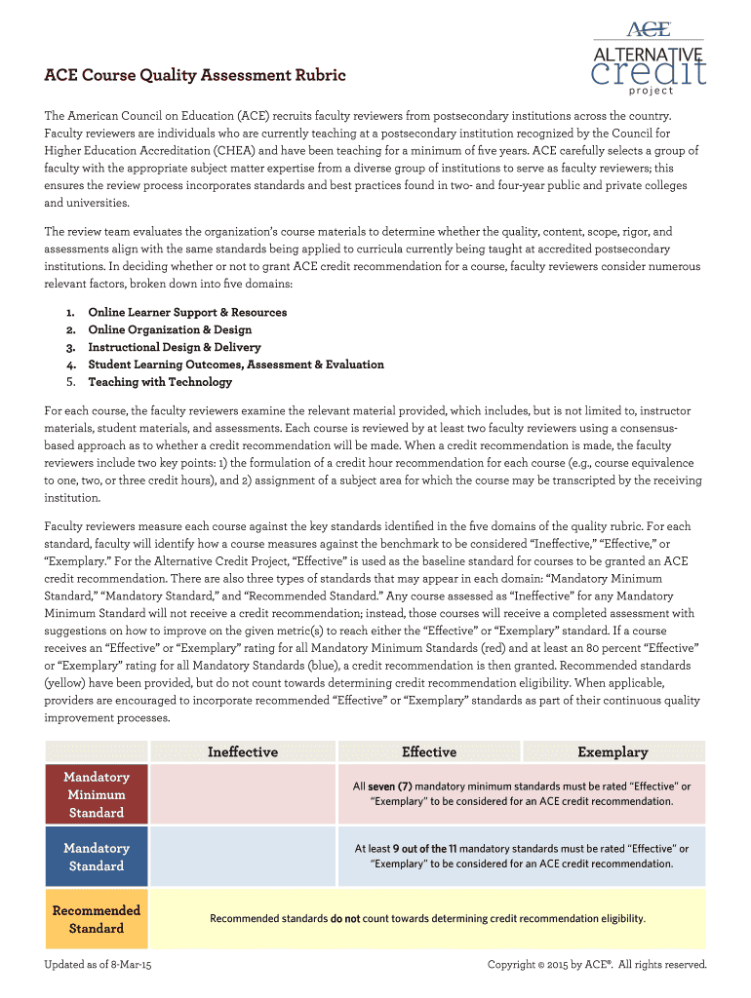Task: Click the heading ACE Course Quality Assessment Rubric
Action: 195,75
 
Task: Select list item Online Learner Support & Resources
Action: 187,313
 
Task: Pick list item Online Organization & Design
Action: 170,330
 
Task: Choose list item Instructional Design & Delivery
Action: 176,347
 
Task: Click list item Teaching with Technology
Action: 160,382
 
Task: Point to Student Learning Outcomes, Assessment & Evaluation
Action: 236,365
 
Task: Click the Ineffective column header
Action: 242,752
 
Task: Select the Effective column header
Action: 429,752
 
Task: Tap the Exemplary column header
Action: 613,752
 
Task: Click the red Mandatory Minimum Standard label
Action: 97,794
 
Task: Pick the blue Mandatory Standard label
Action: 97,857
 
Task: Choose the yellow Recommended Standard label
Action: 97,919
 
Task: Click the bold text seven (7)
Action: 390,787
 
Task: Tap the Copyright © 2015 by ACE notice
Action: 596,965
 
